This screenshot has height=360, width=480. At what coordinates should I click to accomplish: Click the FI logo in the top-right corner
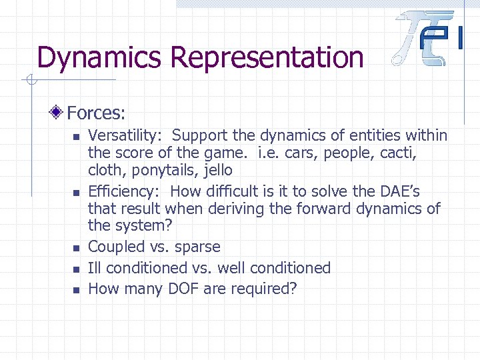point(429,38)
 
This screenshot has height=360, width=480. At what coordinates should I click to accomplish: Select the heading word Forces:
point(97,112)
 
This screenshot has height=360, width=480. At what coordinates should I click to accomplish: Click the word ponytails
point(163,171)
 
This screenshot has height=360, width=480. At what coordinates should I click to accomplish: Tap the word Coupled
point(117,247)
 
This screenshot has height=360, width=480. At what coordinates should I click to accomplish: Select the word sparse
point(197,247)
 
